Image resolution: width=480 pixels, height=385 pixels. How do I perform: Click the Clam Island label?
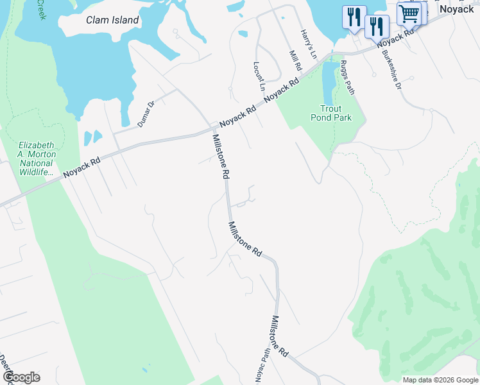[112, 20]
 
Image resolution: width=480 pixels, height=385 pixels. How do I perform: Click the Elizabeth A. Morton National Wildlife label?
[37, 158]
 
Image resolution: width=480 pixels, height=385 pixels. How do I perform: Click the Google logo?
[21, 377]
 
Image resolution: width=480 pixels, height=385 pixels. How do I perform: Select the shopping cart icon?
[408, 13]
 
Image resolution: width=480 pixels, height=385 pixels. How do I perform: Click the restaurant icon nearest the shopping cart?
[377, 26]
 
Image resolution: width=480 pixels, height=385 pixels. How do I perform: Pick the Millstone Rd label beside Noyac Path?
[280, 337]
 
